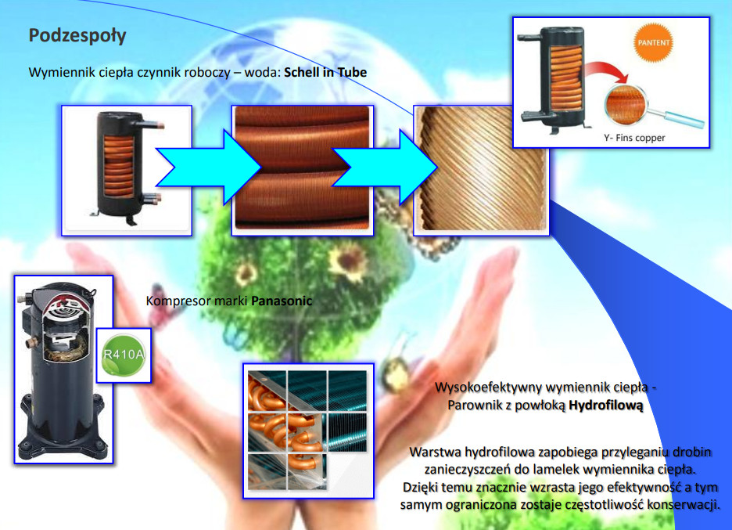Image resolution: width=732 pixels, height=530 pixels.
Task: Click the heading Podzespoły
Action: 77,36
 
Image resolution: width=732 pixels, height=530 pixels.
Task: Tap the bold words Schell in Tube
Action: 325,72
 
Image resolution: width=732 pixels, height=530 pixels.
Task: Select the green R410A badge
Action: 124,356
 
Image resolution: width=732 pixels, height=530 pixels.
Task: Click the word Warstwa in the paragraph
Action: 434,452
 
